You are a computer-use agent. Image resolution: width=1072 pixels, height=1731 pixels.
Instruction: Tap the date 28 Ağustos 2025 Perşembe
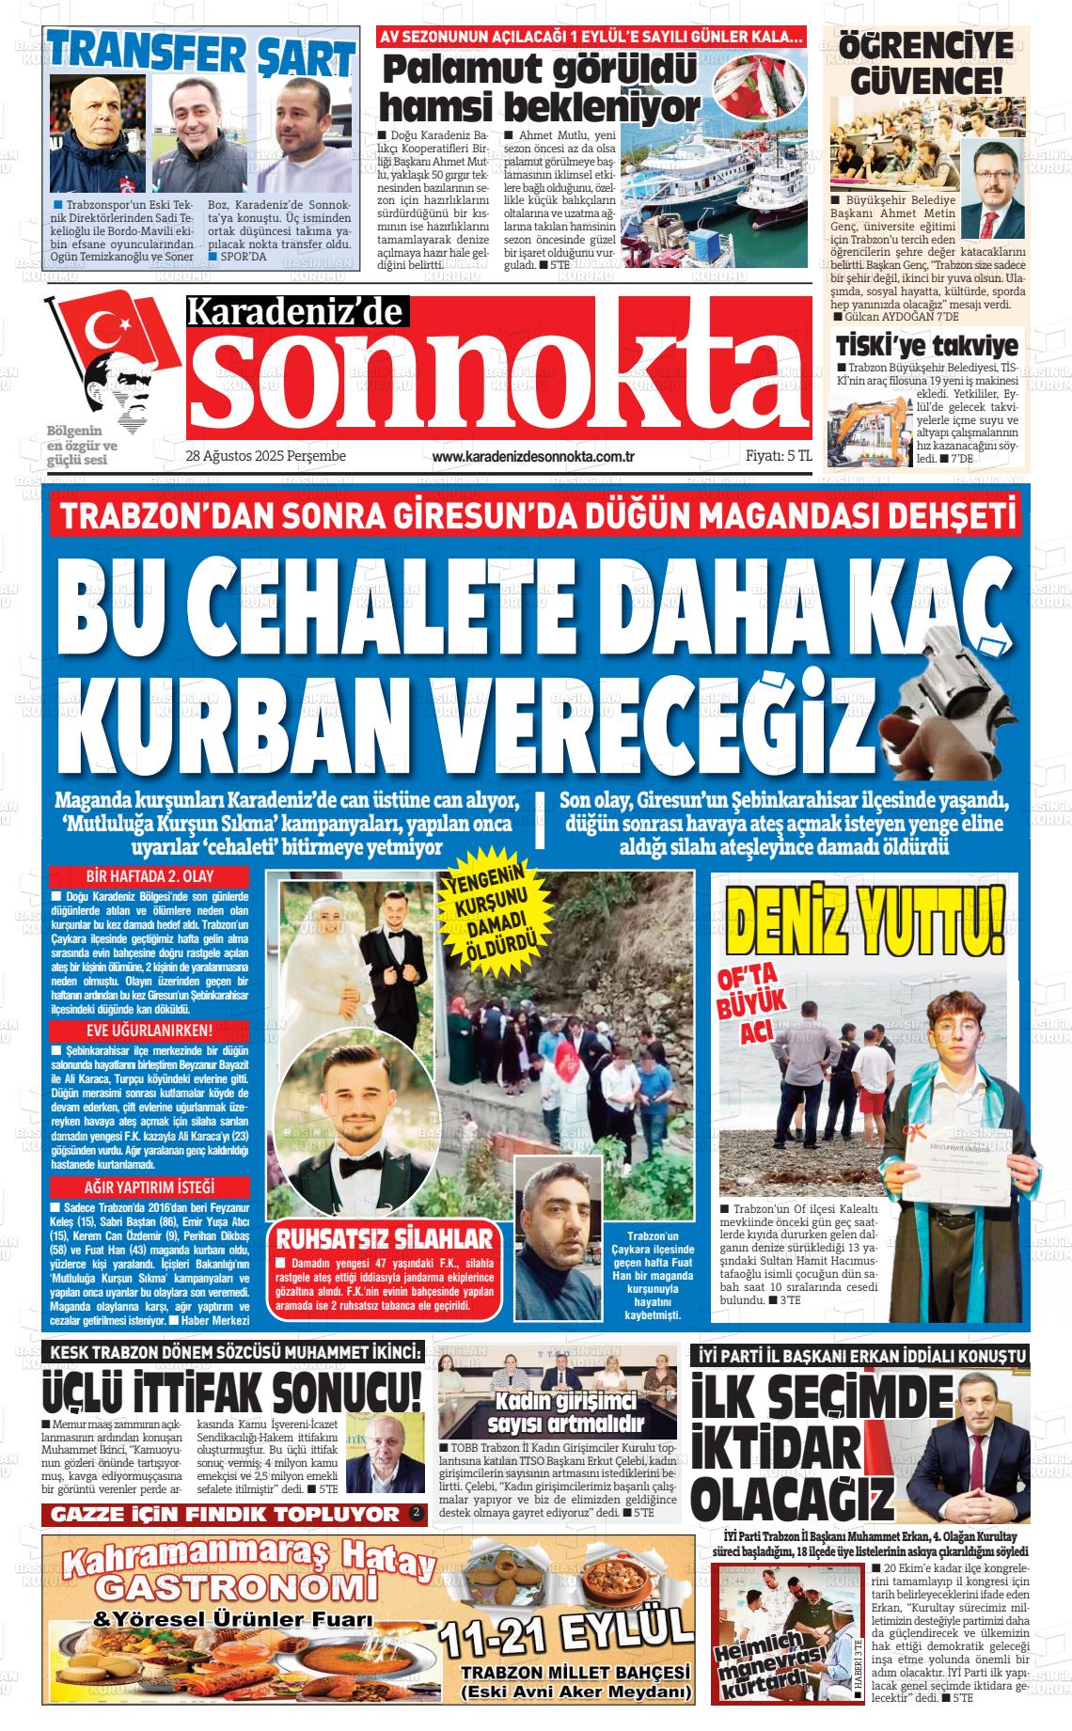(266, 456)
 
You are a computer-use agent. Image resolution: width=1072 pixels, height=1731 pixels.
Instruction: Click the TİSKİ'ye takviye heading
(926, 345)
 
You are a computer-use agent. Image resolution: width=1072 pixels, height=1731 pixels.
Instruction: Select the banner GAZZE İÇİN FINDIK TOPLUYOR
(226, 1515)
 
